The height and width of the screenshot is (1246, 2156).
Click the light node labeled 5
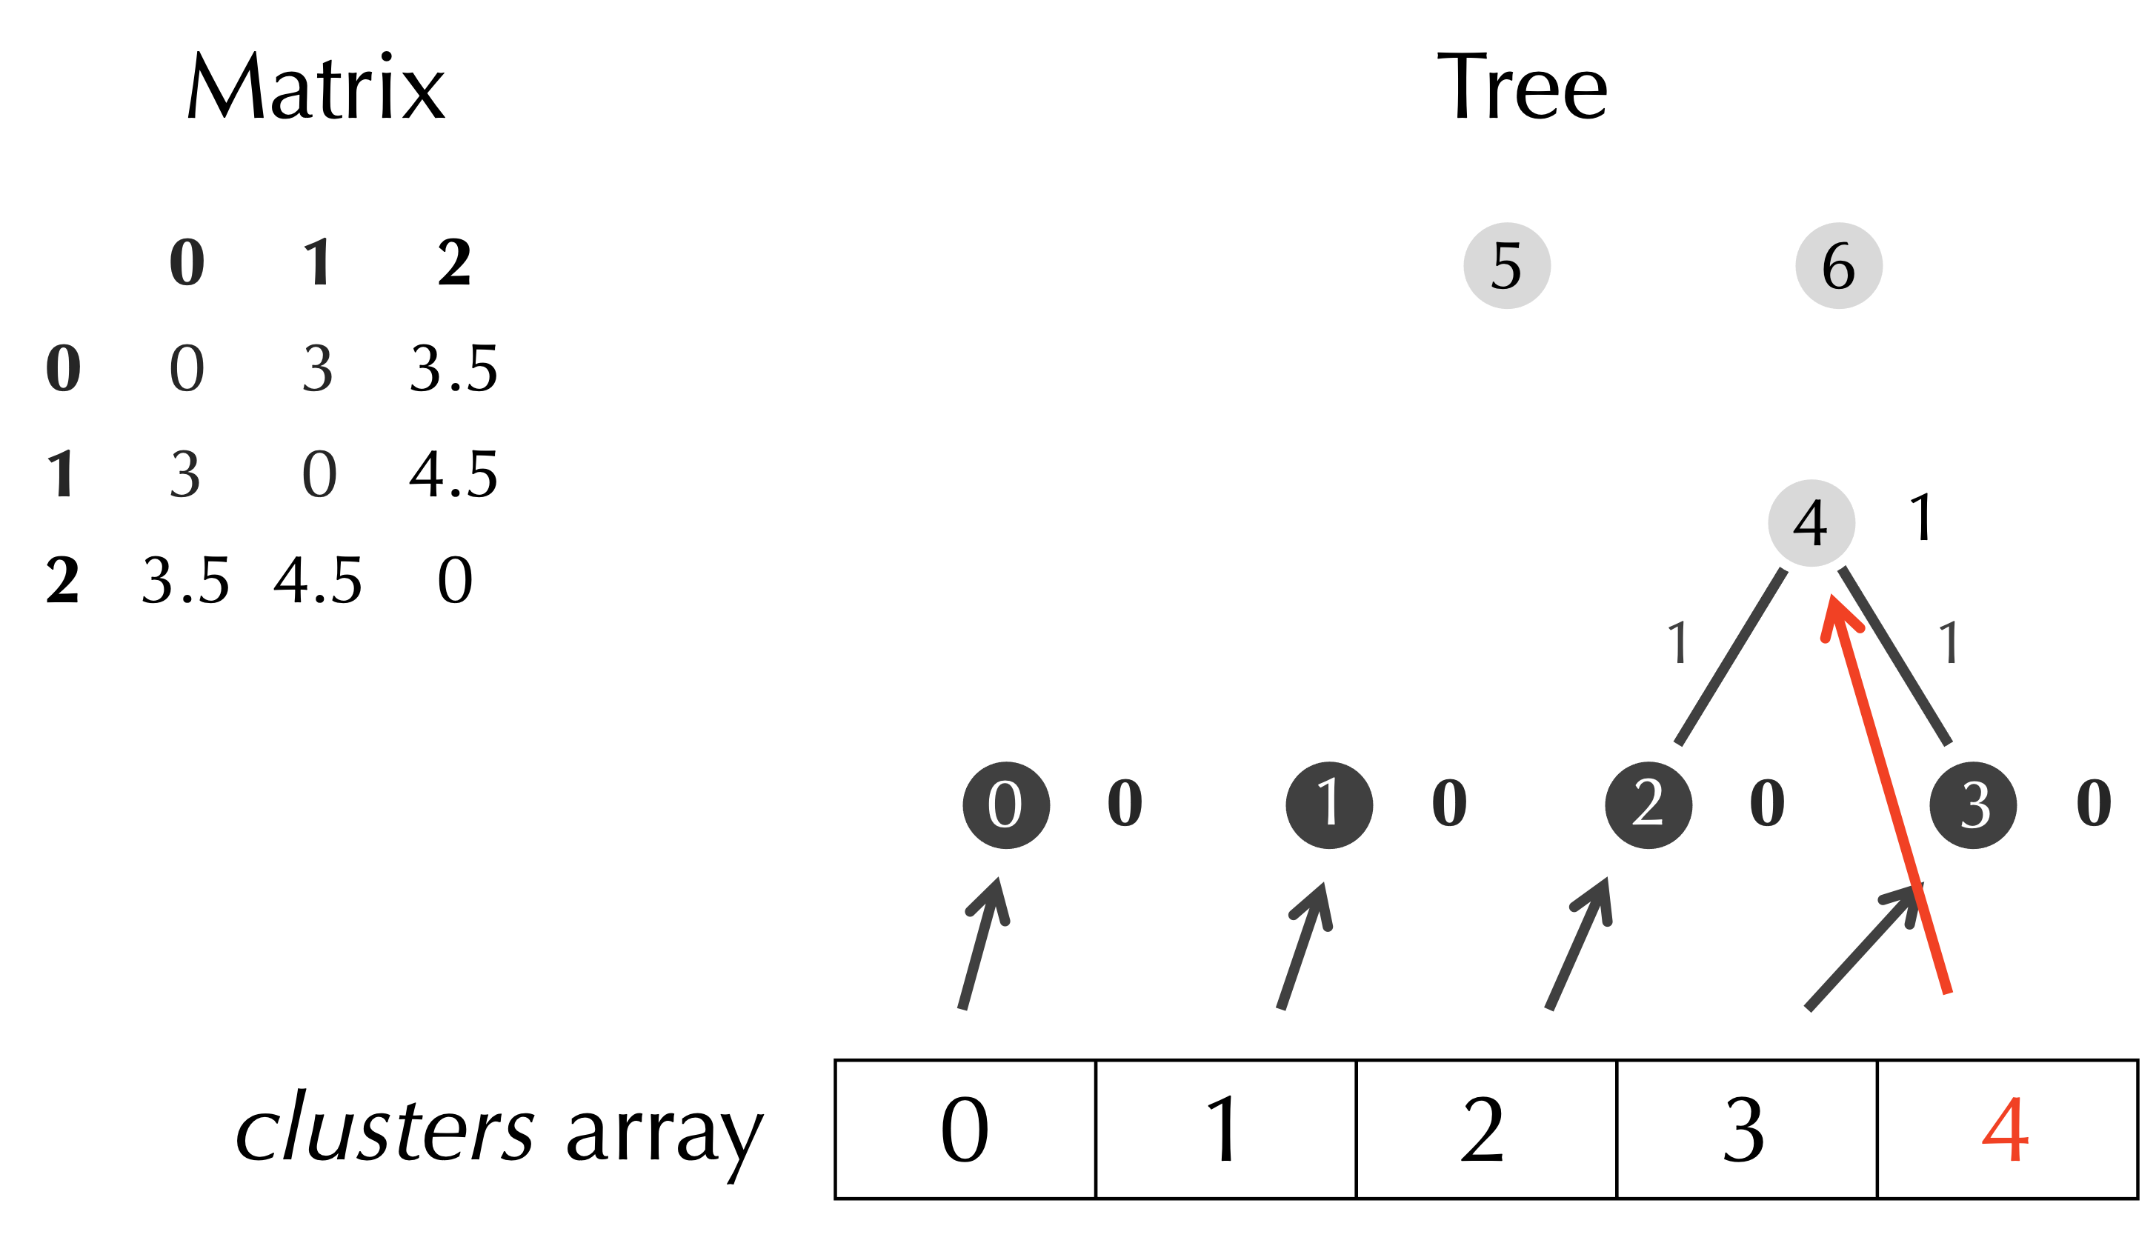point(1507,266)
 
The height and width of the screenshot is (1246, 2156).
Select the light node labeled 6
point(1839,266)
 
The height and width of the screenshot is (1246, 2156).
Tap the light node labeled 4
point(1811,522)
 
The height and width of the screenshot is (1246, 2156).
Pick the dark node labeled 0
point(1006,804)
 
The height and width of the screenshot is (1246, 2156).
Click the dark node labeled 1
point(1328,804)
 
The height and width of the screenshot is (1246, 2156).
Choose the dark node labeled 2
point(1648,804)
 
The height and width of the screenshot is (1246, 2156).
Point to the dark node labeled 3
point(1973,804)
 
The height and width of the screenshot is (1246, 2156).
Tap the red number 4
point(2005,1130)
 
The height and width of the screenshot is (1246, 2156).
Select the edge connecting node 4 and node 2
point(1730,657)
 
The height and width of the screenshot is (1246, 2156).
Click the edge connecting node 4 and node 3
point(1896,657)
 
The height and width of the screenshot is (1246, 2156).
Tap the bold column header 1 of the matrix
point(317,261)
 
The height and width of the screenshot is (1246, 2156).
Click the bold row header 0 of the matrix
point(62,369)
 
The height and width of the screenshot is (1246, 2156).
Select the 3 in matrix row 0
point(317,369)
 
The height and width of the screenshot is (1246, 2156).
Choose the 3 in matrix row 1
point(184,474)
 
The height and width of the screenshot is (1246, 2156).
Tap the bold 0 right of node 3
point(2094,803)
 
